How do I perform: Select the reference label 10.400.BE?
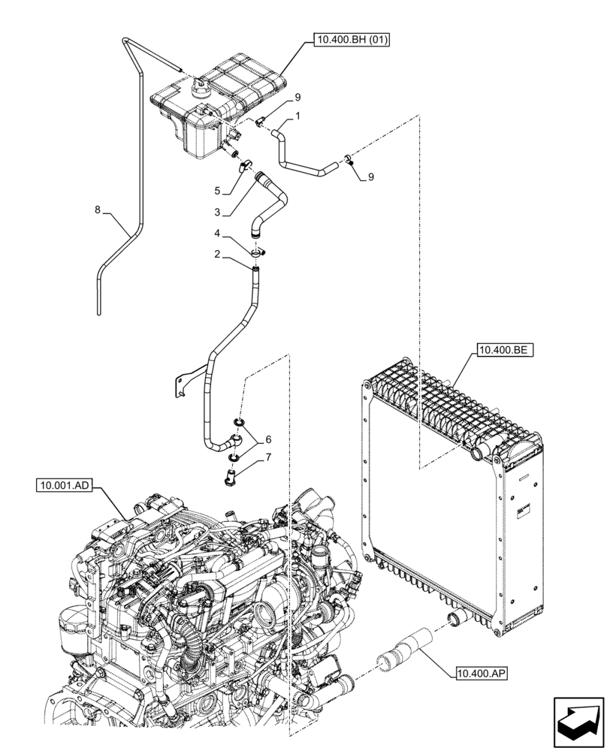(503, 350)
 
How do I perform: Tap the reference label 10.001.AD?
(65, 487)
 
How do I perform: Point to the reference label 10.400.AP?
(481, 673)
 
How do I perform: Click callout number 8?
(98, 211)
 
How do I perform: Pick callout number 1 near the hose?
(298, 116)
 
